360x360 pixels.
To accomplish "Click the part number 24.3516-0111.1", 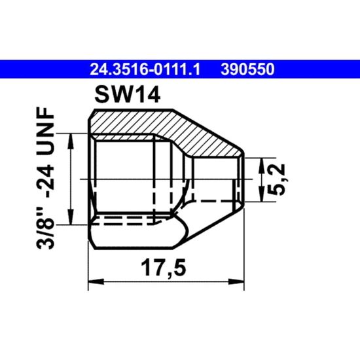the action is coord(145,69).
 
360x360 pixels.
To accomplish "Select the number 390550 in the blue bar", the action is coord(247,69).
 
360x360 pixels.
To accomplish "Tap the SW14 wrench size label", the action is coord(128,96).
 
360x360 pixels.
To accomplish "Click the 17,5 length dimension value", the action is coord(164,268).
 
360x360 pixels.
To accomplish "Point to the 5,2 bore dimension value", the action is coord(276,180).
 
